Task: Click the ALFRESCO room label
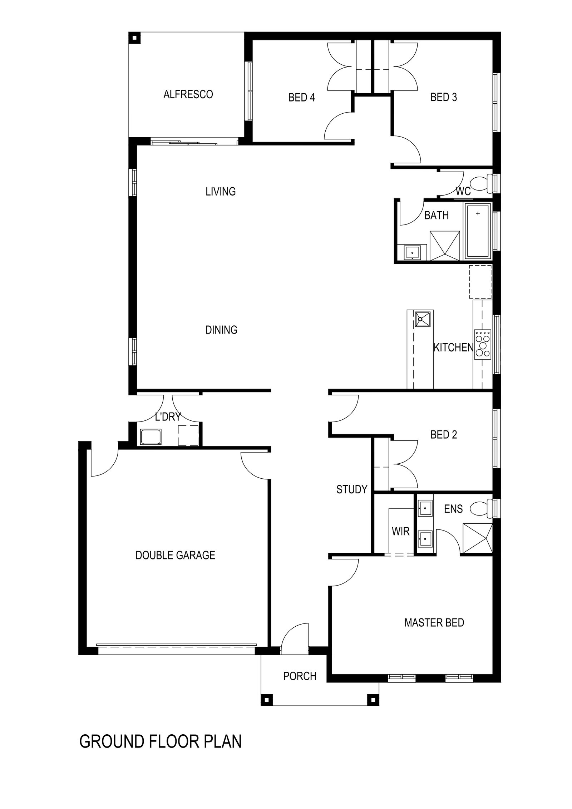[188, 94]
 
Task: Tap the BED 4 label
[301, 97]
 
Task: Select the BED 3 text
[443, 97]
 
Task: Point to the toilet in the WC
[480, 184]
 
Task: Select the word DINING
[221, 330]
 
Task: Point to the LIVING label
[221, 192]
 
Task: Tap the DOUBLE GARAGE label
[175, 555]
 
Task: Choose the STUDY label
[352, 489]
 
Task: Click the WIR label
[400, 532]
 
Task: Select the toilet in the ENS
[480, 508]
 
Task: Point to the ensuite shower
[477, 538]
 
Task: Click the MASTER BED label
[434, 623]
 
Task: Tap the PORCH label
[300, 676]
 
